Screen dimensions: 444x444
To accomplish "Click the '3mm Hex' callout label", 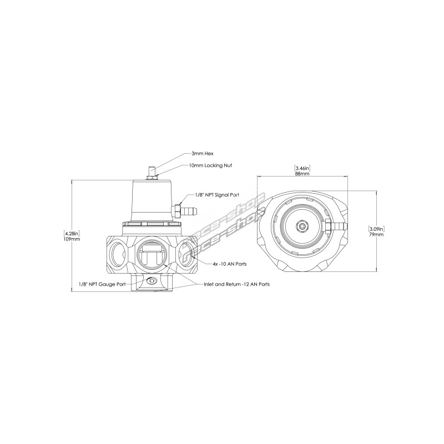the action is tap(202, 154).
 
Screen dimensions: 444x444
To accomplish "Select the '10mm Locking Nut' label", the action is tap(210, 165).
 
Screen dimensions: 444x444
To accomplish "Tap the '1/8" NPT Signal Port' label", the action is tap(217, 195).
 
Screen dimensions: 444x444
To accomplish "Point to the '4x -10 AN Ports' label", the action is tap(230, 264).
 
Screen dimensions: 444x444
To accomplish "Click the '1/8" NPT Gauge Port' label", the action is tap(102, 284).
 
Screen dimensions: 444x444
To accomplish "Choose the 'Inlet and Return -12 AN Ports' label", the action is tap(237, 284).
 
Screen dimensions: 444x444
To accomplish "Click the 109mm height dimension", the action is tap(72, 239).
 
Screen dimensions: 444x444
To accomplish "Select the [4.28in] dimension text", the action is tap(72, 234).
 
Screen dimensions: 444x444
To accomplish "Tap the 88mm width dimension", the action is tap(302, 174).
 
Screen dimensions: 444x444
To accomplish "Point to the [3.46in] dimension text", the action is tap(302, 169).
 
